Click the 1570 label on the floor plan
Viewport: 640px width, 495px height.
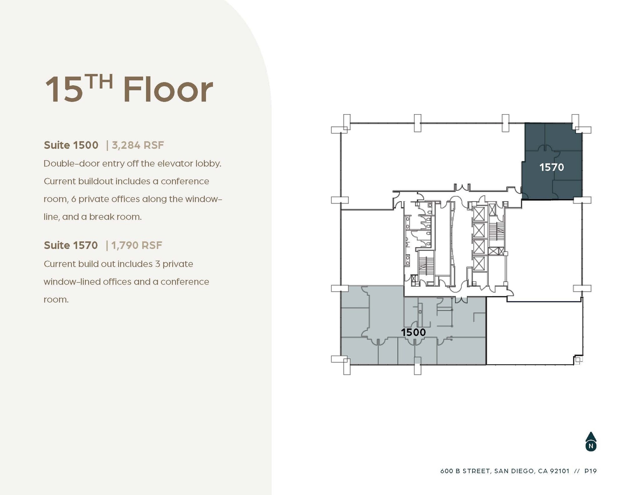pos(552,167)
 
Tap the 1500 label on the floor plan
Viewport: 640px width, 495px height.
pos(413,332)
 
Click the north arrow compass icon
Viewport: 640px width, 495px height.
pos(591,442)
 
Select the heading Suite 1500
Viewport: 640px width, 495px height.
pos(71,145)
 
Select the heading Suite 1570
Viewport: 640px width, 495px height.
pos(71,245)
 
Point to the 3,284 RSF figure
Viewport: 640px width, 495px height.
pos(138,145)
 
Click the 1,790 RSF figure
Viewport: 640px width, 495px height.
pos(137,245)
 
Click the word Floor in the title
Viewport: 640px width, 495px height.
pos(168,90)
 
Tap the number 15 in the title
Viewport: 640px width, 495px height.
pos(64,90)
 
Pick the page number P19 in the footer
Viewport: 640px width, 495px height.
pos(590,471)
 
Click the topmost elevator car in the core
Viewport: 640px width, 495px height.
pos(479,214)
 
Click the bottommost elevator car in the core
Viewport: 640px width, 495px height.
pos(479,264)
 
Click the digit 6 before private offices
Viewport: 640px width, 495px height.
pos(73,200)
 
